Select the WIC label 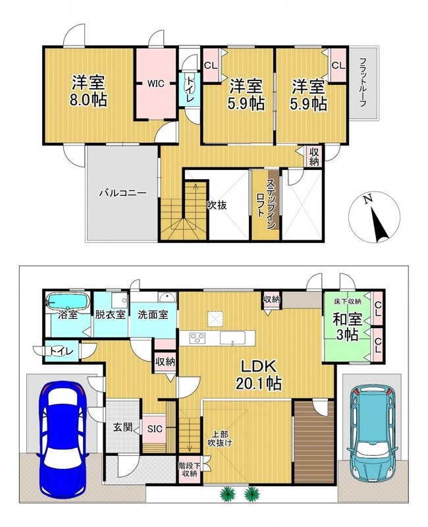point(155,84)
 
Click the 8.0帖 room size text point(88,100)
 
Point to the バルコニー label point(122,193)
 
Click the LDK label point(258,366)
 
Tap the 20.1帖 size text point(258,383)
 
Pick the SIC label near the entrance point(155,429)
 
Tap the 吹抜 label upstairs point(217,205)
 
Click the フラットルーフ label point(363,82)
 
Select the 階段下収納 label point(190,470)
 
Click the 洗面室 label point(153,315)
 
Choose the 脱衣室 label point(110,315)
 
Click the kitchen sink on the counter point(232,338)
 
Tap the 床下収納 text point(348,302)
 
